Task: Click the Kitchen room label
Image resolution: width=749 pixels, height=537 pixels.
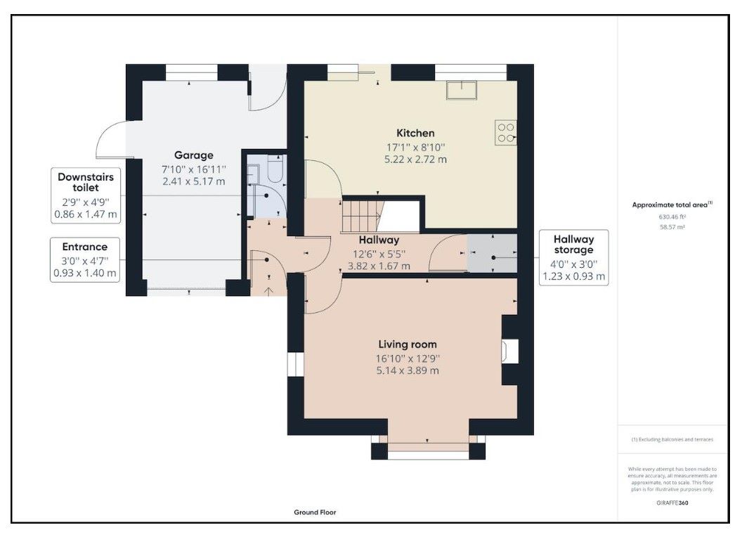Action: click(415, 133)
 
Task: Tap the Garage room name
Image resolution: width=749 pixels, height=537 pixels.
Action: click(193, 155)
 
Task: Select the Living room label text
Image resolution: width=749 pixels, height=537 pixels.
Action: click(408, 344)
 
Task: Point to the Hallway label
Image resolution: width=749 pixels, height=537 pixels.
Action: click(379, 240)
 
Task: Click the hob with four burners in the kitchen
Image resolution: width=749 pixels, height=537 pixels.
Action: click(506, 132)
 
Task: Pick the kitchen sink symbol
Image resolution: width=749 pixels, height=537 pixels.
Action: click(462, 90)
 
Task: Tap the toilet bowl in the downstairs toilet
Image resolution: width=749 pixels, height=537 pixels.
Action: click(275, 170)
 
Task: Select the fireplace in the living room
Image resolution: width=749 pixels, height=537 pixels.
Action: click(509, 351)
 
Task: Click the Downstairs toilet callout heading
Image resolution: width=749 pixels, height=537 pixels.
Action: click(86, 182)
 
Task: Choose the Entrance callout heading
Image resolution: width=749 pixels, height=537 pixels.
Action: click(84, 247)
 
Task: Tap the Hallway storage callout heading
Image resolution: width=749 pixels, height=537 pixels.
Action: click(573, 244)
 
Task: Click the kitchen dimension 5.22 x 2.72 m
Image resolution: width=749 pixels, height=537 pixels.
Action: click(415, 159)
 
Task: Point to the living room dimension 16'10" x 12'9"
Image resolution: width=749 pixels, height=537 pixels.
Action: click(408, 358)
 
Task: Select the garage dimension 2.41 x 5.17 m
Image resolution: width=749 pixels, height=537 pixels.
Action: click(193, 181)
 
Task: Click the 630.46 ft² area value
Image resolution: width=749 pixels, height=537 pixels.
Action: click(672, 216)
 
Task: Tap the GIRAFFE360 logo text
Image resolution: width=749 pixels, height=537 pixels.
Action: click(672, 503)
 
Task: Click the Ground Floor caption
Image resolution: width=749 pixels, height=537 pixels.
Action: click(315, 512)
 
